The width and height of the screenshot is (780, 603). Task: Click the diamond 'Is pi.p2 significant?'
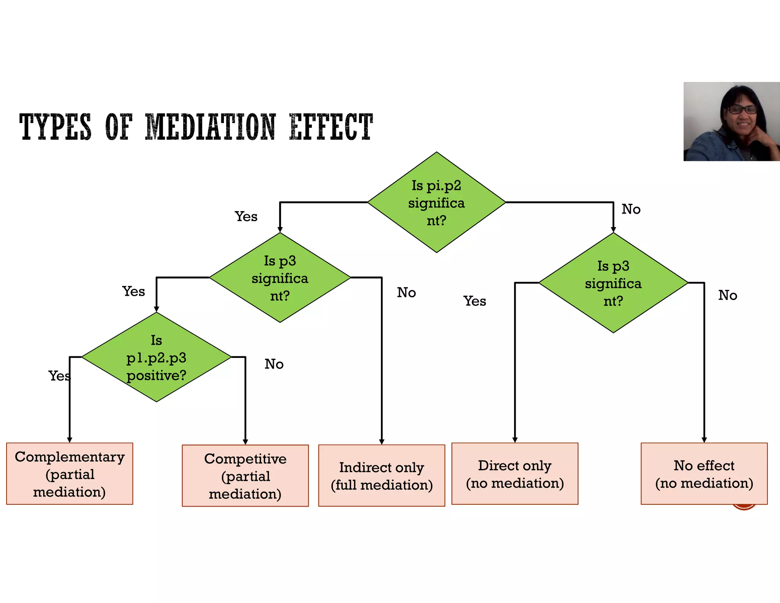click(436, 202)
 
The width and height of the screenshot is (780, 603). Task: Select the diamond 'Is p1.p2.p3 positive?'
click(156, 357)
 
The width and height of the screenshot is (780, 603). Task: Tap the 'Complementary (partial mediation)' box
click(70, 474)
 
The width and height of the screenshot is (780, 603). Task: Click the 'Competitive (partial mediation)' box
click(245, 476)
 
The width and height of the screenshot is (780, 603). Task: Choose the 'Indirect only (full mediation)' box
click(382, 476)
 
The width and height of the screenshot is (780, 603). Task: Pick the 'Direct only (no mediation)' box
click(515, 474)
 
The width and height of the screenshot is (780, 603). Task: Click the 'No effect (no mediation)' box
click(704, 474)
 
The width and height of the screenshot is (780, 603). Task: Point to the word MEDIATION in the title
click(210, 127)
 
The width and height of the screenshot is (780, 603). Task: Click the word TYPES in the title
click(56, 127)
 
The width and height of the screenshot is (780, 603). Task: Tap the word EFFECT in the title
click(331, 127)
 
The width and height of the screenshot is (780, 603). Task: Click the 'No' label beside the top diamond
click(631, 209)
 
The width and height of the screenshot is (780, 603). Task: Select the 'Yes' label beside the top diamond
click(246, 217)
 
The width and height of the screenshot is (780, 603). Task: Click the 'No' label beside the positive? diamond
click(274, 364)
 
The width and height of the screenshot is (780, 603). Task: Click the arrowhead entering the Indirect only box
click(382, 441)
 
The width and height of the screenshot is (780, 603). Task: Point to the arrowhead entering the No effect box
click(704, 440)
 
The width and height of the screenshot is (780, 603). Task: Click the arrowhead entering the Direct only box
click(515, 440)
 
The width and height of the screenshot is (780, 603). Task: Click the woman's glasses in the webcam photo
click(742, 110)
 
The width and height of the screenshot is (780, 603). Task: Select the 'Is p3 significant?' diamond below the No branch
click(613, 283)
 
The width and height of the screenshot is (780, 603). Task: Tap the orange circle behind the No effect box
click(744, 507)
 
